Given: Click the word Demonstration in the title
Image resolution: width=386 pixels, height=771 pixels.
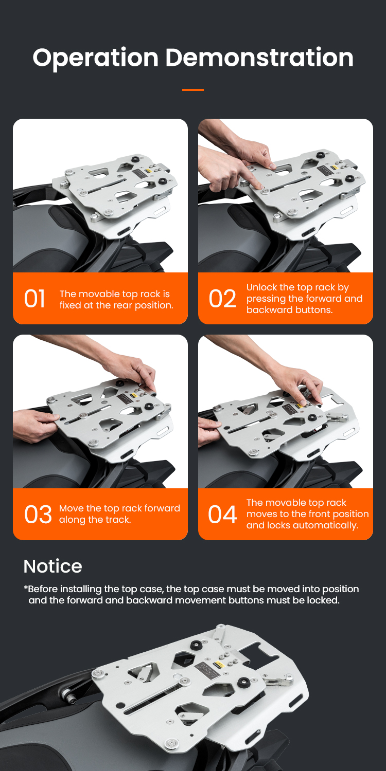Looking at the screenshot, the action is [259, 57].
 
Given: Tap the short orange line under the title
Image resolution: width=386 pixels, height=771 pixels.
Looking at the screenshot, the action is [193, 90].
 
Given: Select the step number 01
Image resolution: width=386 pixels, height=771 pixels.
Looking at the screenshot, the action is [34, 299].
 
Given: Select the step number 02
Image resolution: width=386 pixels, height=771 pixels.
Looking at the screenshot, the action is [222, 299].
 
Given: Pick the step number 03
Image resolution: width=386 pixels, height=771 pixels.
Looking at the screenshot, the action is [38, 515].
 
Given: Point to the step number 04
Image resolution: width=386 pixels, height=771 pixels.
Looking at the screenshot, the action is [222, 515].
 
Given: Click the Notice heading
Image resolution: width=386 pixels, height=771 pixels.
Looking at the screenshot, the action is [52, 566].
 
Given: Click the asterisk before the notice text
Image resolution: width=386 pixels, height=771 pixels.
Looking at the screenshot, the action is [26, 587].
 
